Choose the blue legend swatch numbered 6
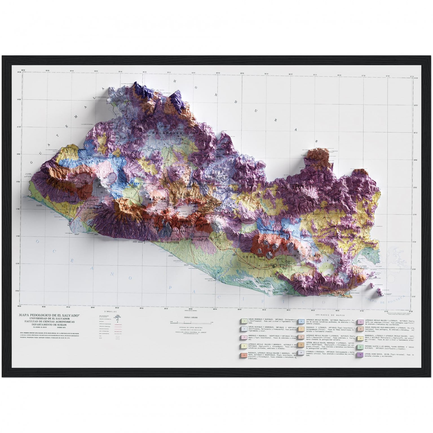(x=301, y=321)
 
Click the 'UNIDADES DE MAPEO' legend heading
(x=330, y=315)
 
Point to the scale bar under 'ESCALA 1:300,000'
(x=190, y=322)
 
